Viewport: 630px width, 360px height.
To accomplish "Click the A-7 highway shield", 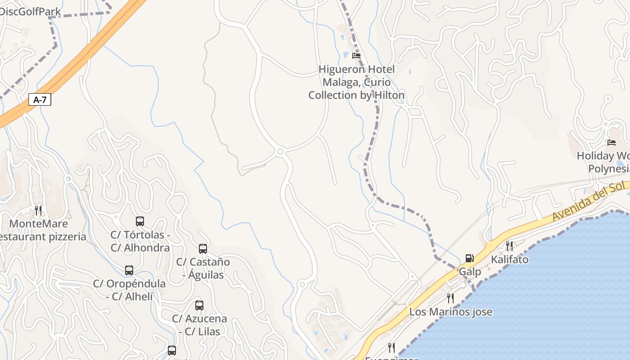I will pos(40,99).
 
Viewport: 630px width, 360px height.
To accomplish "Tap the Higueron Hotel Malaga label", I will pos(356,82).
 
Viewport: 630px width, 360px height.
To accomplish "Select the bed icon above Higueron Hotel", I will pos(356,56).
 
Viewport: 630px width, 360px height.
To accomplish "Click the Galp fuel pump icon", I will pos(469,258).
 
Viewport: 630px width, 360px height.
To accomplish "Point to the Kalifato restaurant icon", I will pos(509,246).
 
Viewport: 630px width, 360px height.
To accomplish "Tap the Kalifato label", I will pos(509,260).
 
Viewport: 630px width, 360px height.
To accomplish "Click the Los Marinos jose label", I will pos(450,312).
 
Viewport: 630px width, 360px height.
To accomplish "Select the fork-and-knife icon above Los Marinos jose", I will pos(450,298).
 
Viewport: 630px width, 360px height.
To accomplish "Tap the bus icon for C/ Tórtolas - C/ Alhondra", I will pos(140,221).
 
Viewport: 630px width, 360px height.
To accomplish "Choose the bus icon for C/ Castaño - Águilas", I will pos(203,248).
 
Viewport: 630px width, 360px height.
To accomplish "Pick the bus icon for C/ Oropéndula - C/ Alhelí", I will pos(129,270).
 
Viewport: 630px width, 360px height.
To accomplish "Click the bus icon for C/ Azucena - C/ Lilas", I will pos(199,306).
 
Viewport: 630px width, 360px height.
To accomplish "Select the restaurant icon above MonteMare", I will pos(38,210).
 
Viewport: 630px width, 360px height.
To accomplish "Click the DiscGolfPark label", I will pos(30,11).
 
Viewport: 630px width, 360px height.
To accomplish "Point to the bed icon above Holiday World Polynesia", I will pos(611,143).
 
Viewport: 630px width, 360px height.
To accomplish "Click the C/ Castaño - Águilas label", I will pos(203,268).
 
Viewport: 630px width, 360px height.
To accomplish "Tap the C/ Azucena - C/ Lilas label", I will pos(199,325).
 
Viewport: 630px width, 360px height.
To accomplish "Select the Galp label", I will pos(470,272).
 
